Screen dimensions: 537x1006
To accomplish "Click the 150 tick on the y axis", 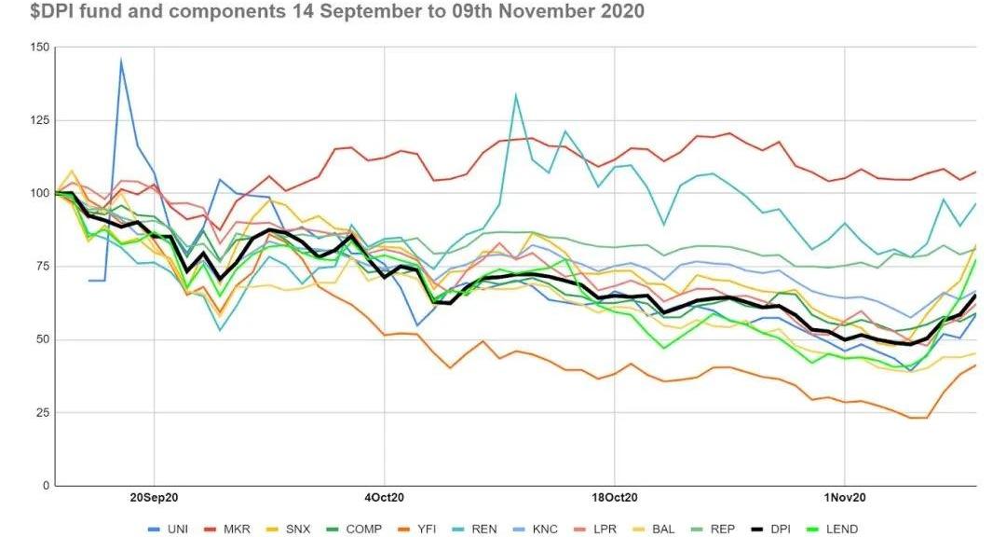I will point(39,48).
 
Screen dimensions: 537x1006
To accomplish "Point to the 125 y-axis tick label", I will point(39,120).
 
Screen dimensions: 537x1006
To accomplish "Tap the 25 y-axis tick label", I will point(42,413).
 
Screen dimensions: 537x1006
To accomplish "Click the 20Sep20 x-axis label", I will point(154,497).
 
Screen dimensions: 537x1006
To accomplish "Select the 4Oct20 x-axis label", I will point(384,497).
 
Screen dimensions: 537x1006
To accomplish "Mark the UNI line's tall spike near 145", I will point(121,62).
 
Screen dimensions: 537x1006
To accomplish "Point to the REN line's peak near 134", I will point(515,94).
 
